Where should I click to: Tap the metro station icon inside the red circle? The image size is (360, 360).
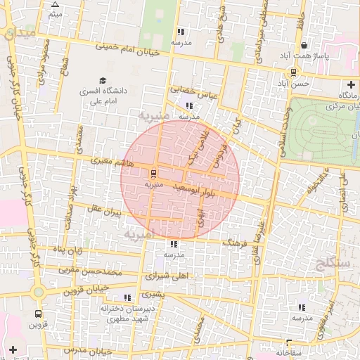click(x=153, y=173)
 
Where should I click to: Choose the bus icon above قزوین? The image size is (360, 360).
click(x=37, y=314)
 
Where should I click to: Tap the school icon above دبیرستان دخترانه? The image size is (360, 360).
click(x=127, y=297)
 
